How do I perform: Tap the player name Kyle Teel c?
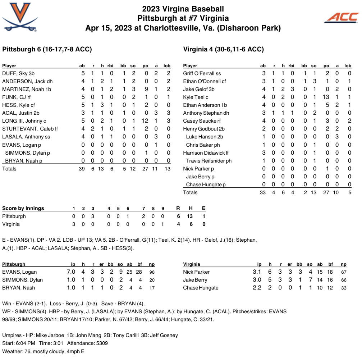196,97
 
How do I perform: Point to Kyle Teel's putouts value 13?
326,97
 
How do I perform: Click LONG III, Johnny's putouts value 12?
145,121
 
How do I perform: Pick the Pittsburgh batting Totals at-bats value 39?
82,169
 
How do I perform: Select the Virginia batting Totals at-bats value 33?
262,192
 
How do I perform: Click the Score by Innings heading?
23,208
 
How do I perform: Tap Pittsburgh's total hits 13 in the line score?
189,216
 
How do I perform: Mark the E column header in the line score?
204,208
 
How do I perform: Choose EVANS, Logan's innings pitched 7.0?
71,272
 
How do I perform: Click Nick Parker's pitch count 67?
343,272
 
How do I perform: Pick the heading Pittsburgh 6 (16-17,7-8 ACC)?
47,49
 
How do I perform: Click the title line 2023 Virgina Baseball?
183,9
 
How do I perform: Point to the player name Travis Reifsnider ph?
209,161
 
